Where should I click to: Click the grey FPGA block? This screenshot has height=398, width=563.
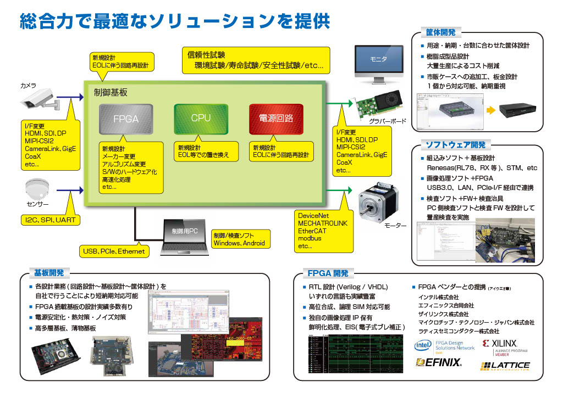click(x=125, y=119)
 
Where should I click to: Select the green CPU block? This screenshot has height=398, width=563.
click(x=201, y=118)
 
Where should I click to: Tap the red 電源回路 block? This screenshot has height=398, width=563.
click(x=276, y=118)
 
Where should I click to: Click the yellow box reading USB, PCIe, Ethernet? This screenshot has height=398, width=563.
click(x=114, y=251)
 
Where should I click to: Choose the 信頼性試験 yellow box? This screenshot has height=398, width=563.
click(x=256, y=60)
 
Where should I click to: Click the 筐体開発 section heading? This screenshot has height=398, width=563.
click(x=440, y=32)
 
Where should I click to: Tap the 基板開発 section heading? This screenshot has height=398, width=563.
click(x=49, y=272)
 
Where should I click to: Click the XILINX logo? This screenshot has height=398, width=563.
click(x=504, y=346)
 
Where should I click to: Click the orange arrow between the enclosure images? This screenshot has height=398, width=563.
click(x=489, y=110)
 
